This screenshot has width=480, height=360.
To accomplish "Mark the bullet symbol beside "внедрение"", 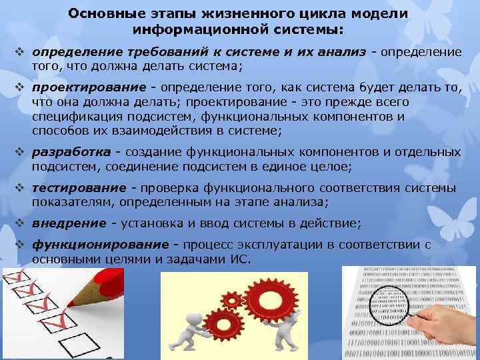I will pyautogui.click(x=19, y=223).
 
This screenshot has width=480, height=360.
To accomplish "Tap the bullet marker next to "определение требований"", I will pyautogui.click(x=19, y=51).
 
